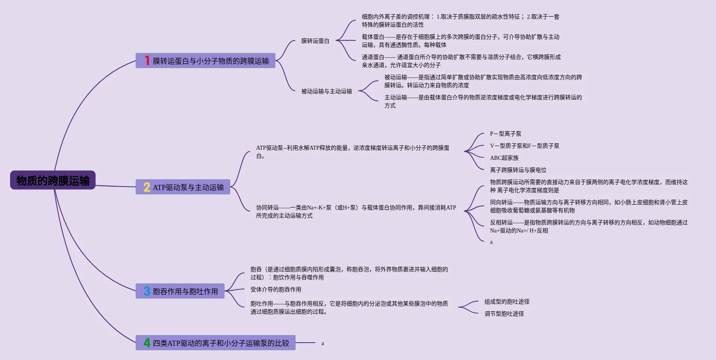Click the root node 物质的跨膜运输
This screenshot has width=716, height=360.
[53, 180]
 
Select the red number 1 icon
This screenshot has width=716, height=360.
[147, 61]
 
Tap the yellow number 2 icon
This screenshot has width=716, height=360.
[147, 187]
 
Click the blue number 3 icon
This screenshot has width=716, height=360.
[147, 291]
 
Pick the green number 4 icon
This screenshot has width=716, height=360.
[147, 343]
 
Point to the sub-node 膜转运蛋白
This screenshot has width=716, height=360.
[315, 41]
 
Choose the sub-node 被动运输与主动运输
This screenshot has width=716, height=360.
[326, 91]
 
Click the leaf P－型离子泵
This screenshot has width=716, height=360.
[505, 134]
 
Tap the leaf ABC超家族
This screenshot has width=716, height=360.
[504, 158]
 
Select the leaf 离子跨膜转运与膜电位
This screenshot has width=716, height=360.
[518, 170]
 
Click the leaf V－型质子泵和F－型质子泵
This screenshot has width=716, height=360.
[524, 146]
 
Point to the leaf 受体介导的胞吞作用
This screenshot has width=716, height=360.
[276, 289]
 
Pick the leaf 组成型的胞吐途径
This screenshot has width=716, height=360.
[507, 301]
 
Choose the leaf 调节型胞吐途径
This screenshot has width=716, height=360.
[504, 314]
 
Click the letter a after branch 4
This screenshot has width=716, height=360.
[323, 343]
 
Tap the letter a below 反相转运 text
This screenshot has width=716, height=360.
[491, 242]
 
